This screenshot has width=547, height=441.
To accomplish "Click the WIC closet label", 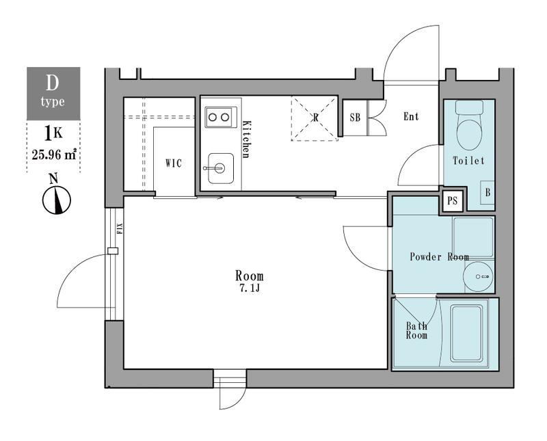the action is (174, 163).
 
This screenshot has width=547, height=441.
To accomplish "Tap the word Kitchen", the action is (246, 139).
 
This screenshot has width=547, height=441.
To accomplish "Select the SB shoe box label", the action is (355, 118).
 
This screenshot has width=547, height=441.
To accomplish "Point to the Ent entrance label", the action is (411, 116).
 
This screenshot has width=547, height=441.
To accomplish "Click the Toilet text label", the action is (468, 161).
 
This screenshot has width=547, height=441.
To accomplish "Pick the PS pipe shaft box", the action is (453, 200).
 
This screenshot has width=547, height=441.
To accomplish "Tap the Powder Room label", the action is (439, 257).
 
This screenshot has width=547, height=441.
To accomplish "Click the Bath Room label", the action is (416, 330).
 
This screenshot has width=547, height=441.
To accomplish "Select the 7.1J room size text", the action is (249, 289).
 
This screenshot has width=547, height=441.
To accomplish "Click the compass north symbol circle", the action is (57, 200).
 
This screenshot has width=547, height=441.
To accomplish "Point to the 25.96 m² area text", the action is (54, 155).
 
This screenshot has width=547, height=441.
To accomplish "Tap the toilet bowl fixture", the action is (469, 125).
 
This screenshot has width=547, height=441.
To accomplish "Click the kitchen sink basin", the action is (221, 168).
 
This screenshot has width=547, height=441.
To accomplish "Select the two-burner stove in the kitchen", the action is (221, 117).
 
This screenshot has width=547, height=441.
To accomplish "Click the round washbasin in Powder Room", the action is (478, 277).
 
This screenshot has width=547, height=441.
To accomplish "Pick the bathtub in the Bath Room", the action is (466, 334).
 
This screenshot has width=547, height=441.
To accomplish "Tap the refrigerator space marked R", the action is (315, 118).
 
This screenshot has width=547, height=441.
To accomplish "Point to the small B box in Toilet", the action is (488, 192).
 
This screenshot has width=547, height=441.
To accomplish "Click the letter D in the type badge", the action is (52, 83).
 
